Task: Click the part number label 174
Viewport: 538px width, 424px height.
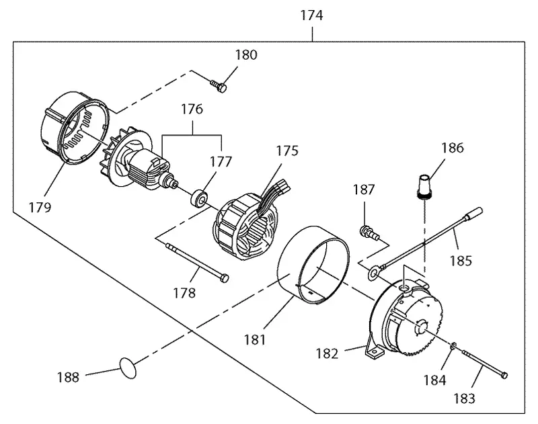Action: [x=311, y=15]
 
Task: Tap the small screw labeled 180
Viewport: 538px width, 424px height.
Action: [x=218, y=86]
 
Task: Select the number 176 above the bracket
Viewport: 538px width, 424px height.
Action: [x=192, y=109]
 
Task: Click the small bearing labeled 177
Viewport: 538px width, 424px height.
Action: [x=199, y=199]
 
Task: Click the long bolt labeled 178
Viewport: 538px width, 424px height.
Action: [x=197, y=263]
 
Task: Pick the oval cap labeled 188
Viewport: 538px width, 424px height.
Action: [x=128, y=368]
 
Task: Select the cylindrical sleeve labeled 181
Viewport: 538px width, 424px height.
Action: [x=313, y=265]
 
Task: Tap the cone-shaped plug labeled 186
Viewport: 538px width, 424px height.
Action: [x=425, y=187]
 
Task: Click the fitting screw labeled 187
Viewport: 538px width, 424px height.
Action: [x=369, y=232]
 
